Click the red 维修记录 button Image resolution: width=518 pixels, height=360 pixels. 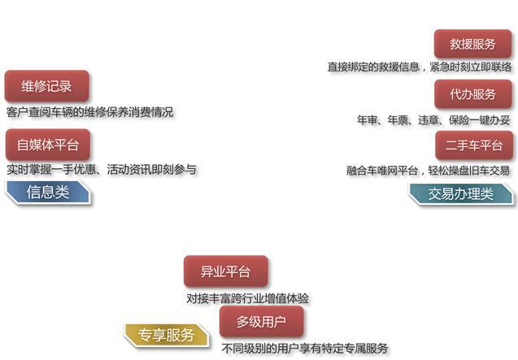[x=46, y=86]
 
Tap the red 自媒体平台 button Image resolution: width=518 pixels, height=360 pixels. [x=47, y=145]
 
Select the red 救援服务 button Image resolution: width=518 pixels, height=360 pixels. [x=472, y=44]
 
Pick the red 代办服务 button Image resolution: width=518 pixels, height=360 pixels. [x=473, y=94]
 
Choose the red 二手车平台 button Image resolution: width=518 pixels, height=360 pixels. [x=474, y=145]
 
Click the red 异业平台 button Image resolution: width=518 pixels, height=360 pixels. [x=225, y=271]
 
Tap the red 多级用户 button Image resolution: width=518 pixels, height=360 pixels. [x=261, y=321]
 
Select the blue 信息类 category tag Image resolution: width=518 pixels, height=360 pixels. [x=48, y=192]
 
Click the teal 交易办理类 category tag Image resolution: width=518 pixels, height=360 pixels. [x=461, y=194]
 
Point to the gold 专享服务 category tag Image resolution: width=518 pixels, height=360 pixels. [x=166, y=336]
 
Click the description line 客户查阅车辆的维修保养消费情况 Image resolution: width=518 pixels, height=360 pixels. [x=89, y=112]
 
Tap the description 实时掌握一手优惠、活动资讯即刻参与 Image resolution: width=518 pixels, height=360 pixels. [x=102, y=170]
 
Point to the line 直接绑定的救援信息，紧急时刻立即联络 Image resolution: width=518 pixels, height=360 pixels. [x=420, y=67]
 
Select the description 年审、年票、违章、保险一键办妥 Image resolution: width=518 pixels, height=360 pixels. [x=433, y=120]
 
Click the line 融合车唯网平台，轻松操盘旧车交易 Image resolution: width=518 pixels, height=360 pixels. [x=428, y=171]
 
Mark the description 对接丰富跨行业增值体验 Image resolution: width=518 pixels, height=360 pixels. [x=247, y=298]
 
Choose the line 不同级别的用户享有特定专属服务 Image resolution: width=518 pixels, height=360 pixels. [x=305, y=348]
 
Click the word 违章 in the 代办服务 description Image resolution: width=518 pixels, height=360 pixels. [x=428, y=120]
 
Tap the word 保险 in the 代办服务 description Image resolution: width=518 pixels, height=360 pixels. [x=459, y=120]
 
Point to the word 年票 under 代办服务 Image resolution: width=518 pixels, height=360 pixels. [x=398, y=120]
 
